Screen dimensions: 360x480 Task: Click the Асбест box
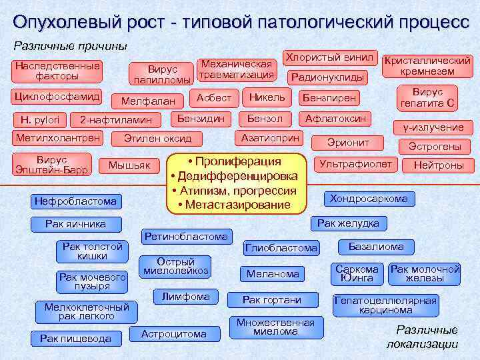point(214,97)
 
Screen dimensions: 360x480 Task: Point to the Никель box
point(267,97)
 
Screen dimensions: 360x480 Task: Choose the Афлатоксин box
point(335,119)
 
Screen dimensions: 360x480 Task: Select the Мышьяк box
point(129,165)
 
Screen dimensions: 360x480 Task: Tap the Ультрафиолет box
point(356,163)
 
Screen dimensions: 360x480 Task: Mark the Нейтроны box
point(438,165)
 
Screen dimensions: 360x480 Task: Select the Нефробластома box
point(76,201)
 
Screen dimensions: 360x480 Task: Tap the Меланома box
point(273,273)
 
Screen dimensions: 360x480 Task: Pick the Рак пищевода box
point(75,339)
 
